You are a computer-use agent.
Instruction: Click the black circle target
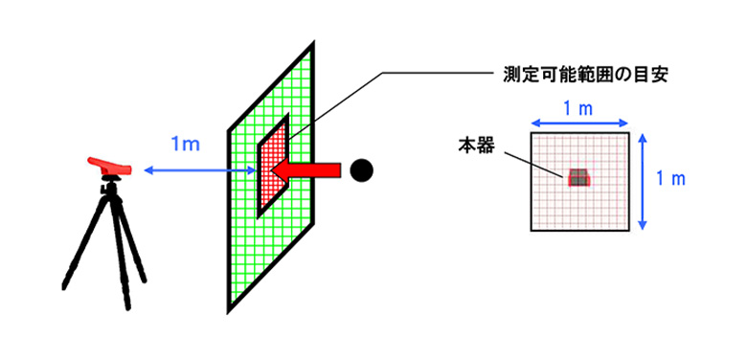click(x=360, y=170)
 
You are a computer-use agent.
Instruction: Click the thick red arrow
click(x=305, y=170)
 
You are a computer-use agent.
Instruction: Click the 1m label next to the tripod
click(x=184, y=145)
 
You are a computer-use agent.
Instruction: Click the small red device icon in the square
click(x=578, y=177)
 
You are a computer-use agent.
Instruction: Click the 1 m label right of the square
click(x=676, y=178)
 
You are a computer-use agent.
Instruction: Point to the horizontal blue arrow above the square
click(x=580, y=122)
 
